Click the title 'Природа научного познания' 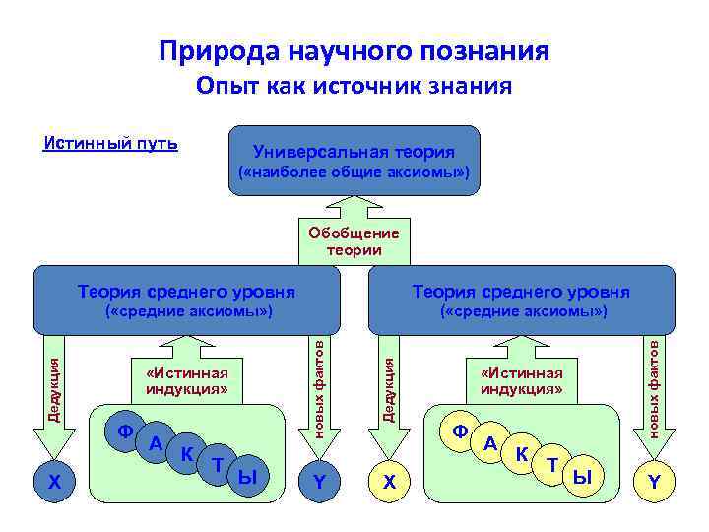coord(354,50)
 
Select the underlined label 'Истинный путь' coord(111,144)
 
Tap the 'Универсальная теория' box coord(354,152)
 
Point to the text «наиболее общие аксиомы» coord(354,174)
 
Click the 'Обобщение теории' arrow coord(354,240)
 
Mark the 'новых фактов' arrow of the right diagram coord(654,394)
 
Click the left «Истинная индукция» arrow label coord(187,379)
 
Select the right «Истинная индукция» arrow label coord(522,379)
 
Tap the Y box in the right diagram coord(654,482)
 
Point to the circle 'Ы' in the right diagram coord(583,477)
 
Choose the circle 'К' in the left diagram coord(185,454)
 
